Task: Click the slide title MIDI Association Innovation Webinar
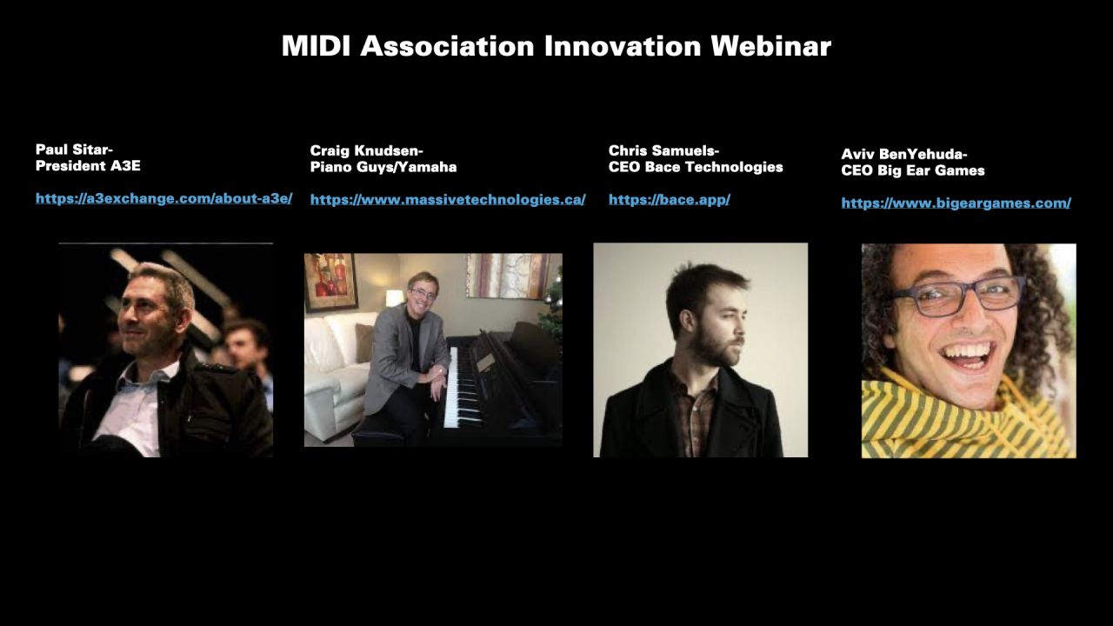[556, 46]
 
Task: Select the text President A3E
[88, 166]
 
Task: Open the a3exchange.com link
[163, 199]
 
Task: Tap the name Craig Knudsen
[366, 150]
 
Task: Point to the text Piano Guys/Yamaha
[383, 167]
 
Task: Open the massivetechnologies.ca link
[447, 200]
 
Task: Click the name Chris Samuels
[663, 150]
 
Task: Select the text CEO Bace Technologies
[696, 167]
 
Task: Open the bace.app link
[669, 200]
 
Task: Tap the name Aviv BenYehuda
[903, 155]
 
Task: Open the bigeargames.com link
[956, 203]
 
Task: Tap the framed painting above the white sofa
[330, 282]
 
